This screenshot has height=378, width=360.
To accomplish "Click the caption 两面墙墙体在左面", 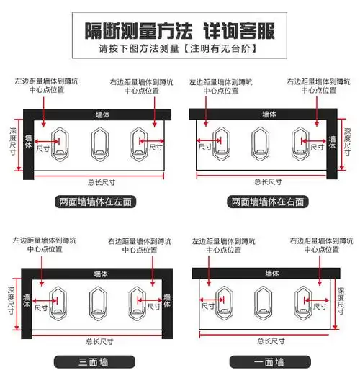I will [x=96, y=202].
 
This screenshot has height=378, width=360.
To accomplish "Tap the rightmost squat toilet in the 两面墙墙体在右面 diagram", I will [x=300, y=141].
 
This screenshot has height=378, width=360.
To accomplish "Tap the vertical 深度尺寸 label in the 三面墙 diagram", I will [x=10, y=302].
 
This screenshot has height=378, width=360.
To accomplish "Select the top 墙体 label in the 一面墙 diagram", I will [x=261, y=274].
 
